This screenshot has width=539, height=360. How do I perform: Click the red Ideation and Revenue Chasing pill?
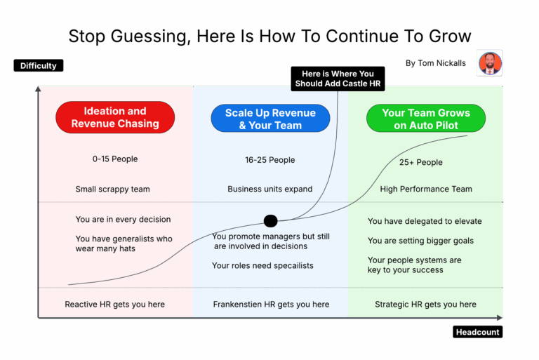click(115, 117)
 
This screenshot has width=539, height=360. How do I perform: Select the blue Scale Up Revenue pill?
click(270, 119)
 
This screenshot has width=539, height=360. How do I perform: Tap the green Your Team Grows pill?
click(426, 119)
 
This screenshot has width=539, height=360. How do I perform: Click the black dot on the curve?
click(270, 221)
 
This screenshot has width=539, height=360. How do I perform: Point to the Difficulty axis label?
click(39, 66)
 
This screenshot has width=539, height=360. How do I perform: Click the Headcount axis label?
click(478, 332)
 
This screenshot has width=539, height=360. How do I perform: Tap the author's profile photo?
click(490, 63)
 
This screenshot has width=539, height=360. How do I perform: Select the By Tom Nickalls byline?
click(435, 63)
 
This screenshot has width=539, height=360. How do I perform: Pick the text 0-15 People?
click(115, 159)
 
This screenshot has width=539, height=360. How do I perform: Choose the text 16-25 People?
click(270, 160)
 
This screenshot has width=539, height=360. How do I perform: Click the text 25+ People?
click(421, 163)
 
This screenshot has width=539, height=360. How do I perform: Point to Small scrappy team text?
click(112, 189)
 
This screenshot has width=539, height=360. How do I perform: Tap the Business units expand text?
click(270, 189)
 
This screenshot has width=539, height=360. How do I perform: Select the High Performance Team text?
click(426, 189)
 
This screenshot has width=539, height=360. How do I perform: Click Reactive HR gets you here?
click(114, 305)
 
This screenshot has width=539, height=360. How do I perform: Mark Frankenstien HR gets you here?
click(271, 305)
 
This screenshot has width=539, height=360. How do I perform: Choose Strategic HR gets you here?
click(425, 305)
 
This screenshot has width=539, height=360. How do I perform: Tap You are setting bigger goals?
click(420, 241)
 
